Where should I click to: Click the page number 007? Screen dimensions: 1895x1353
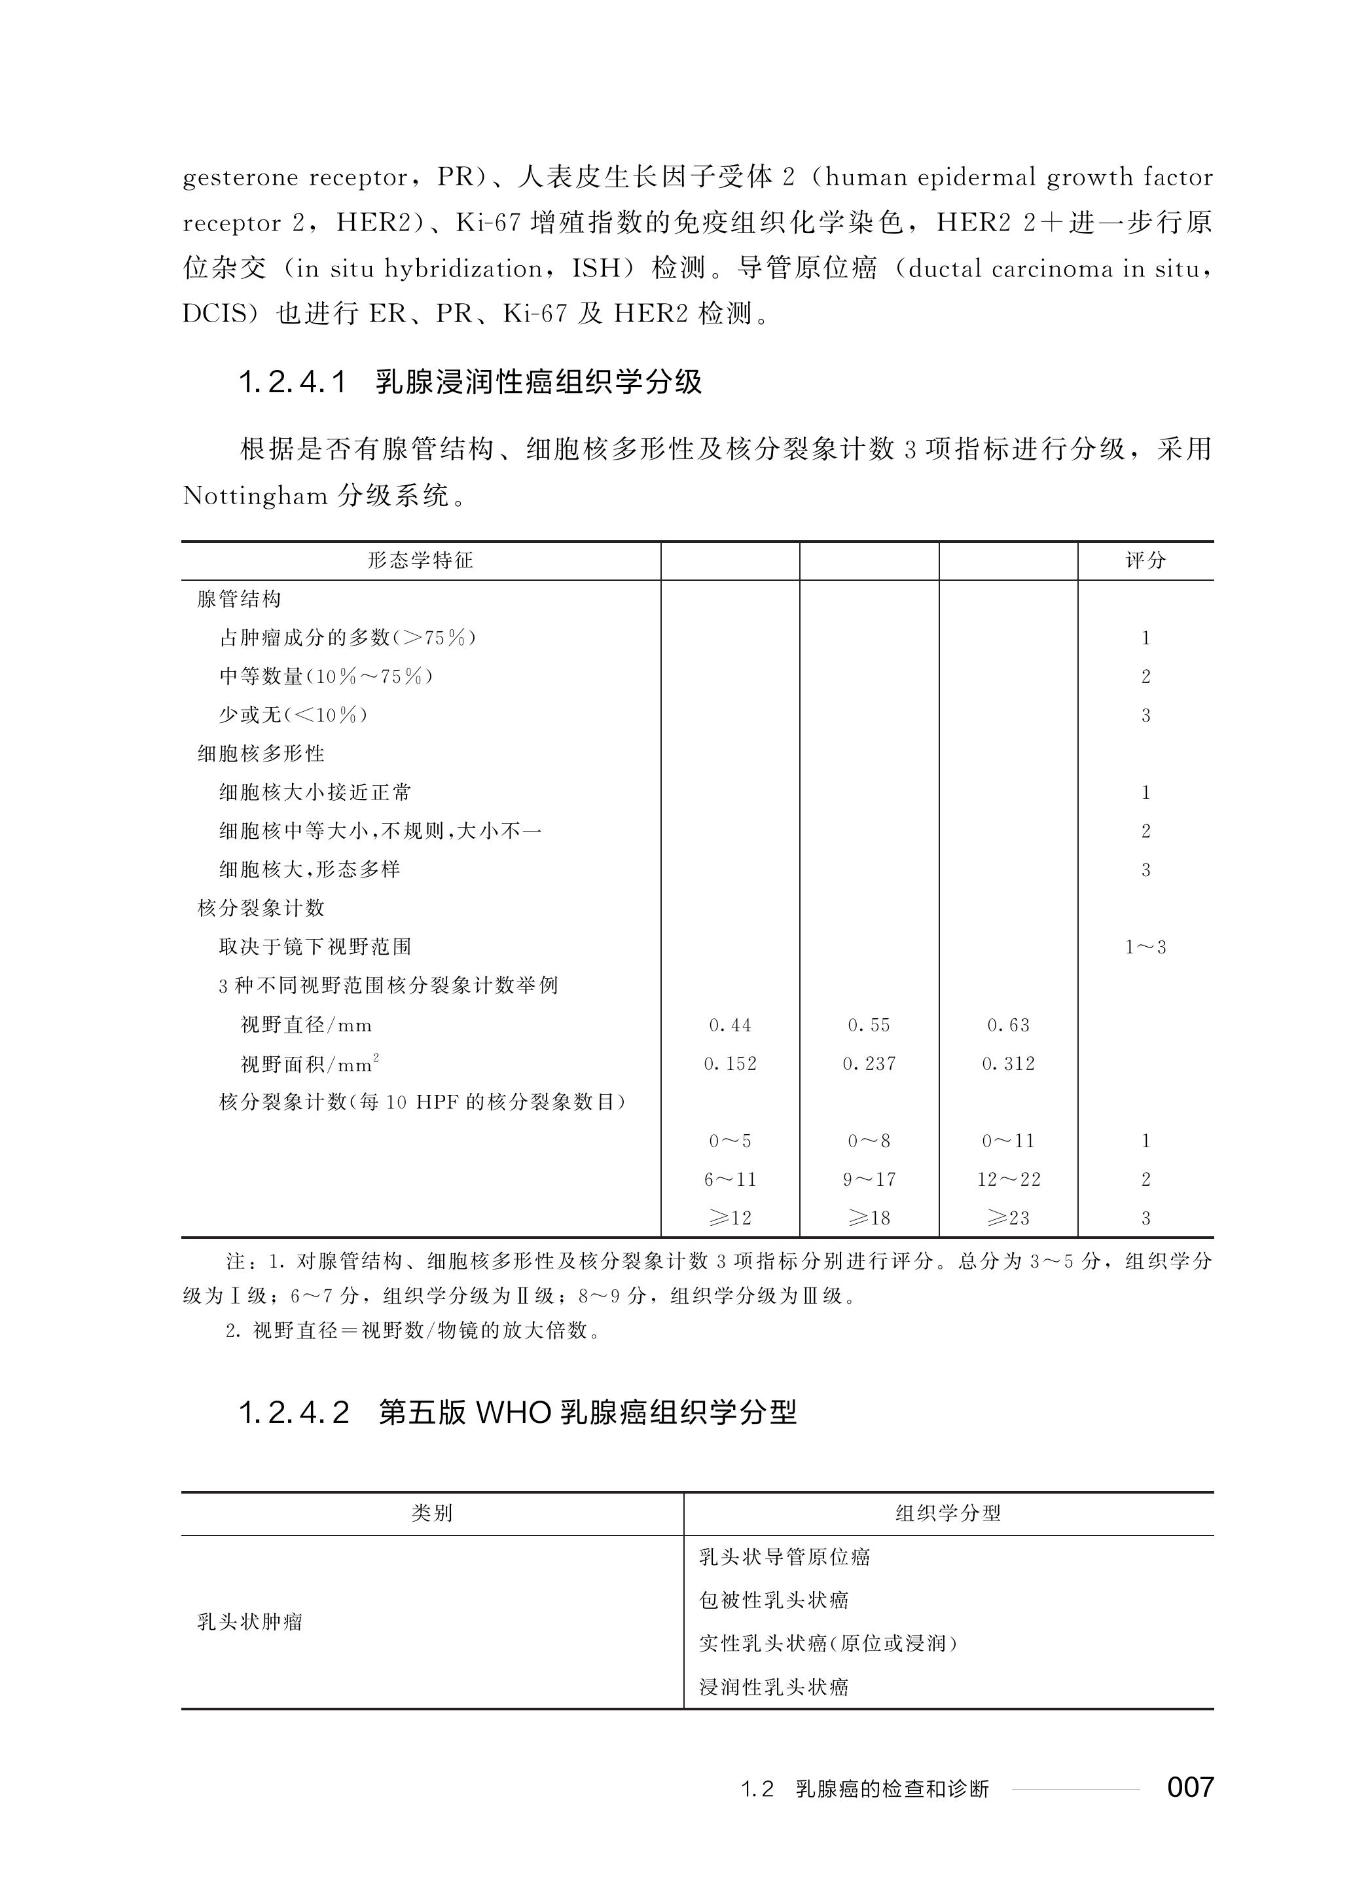pos(1190,1787)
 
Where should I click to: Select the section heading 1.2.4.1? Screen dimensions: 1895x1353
pos(293,382)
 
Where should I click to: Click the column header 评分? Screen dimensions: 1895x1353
pos(1146,560)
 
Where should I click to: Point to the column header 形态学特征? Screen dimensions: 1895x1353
pos(421,560)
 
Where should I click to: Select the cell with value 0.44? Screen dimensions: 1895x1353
pos(730,1025)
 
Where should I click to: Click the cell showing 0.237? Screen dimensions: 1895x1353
pos(869,1063)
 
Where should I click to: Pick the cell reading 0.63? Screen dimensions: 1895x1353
pos(1008,1025)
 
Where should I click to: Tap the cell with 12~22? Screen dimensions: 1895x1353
pos(1008,1179)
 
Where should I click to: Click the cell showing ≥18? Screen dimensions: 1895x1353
pos(869,1217)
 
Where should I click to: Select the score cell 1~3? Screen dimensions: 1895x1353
pos(1146,947)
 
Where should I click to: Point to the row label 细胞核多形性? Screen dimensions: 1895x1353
pos(261,753)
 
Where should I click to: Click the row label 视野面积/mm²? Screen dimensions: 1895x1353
pos(310,1063)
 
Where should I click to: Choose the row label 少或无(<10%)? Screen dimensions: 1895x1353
pos(293,715)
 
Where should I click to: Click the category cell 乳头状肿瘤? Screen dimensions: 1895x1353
pos(250,1622)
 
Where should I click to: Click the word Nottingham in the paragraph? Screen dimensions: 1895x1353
pos(255,496)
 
